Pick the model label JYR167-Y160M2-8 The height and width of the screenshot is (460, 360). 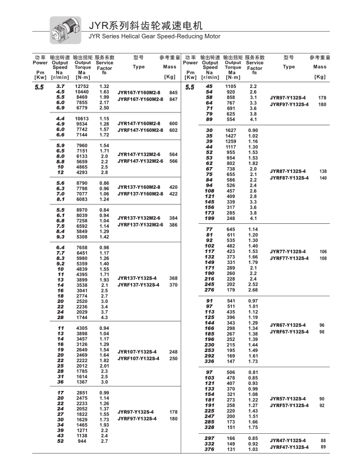pos(139,92)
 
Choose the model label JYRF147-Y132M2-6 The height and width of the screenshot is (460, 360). pos(140,160)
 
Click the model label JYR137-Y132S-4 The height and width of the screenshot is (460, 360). pos(137,278)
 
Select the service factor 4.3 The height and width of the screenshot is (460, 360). pos(104,317)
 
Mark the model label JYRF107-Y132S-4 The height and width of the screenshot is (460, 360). pos(137,359)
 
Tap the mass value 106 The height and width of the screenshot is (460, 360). pos(322,252)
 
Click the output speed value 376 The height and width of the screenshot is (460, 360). pos(210,449)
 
